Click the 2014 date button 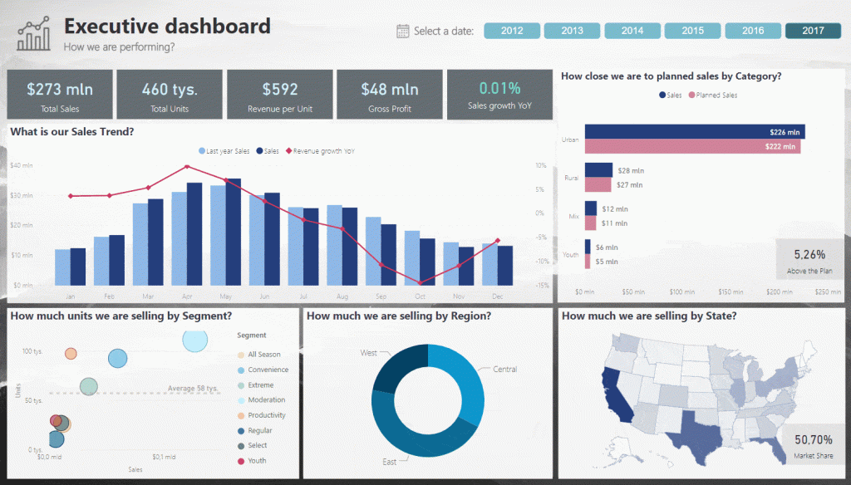click(632, 31)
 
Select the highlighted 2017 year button click(813, 31)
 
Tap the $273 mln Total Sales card click(59, 94)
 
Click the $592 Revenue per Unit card click(279, 94)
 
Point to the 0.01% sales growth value click(499, 88)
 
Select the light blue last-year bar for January click(62, 267)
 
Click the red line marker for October click(421, 282)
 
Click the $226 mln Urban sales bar click(694, 132)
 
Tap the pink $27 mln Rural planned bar click(598, 185)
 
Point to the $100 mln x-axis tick click(681, 292)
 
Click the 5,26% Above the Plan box click(809, 259)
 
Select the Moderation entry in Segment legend click(265, 400)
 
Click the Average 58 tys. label click(193, 388)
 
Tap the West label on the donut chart click(368, 353)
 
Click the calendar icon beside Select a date click(402, 32)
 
